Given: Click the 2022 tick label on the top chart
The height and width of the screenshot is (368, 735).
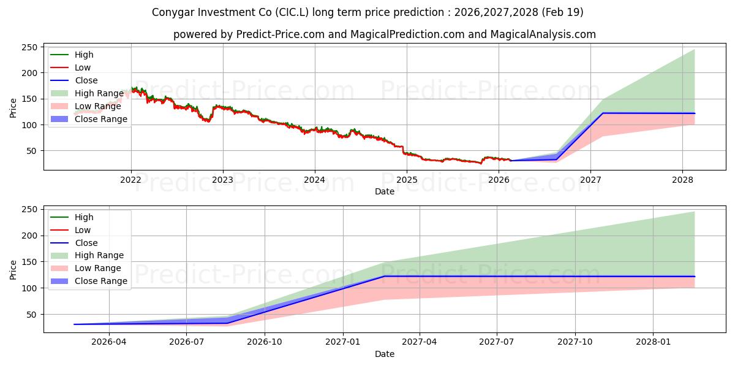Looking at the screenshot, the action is click(x=130, y=180).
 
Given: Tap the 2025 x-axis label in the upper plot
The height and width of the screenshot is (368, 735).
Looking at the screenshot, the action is click(x=407, y=180).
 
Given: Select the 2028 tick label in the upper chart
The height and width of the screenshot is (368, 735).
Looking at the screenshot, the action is click(x=682, y=180).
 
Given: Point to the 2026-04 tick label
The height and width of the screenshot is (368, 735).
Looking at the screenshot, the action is click(x=108, y=342).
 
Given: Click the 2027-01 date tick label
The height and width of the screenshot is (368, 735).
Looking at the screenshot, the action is click(x=343, y=342).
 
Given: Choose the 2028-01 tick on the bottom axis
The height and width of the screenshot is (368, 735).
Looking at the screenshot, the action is click(x=654, y=342).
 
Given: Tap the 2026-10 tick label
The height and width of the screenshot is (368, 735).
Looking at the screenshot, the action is click(x=265, y=342).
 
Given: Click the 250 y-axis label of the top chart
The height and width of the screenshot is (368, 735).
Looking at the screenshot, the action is click(x=29, y=47).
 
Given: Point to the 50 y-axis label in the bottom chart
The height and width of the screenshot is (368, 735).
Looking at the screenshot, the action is click(x=32, y=315).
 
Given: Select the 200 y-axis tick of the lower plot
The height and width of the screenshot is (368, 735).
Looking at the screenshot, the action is click(x=29, y=236).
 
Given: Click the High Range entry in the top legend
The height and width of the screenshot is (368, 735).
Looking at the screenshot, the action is click(x=87, y=93).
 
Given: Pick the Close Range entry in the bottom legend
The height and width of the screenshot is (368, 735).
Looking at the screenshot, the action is click(x=89, y=282).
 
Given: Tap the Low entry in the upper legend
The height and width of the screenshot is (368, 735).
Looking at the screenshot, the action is click(x=70, y=67).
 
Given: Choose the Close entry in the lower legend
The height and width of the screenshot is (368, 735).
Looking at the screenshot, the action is click(x=74, y=243).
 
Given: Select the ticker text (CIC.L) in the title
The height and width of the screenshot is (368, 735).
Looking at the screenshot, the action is click(x=292, y=12).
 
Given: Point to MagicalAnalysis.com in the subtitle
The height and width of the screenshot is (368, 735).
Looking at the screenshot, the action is click(x=543, y=34).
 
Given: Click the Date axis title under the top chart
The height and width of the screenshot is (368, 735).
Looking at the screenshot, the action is click(x=385, y=191).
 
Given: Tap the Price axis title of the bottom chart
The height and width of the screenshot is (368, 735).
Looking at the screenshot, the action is click(x=13, y=270).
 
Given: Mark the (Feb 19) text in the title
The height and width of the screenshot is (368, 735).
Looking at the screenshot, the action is click(x=562, y=12).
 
